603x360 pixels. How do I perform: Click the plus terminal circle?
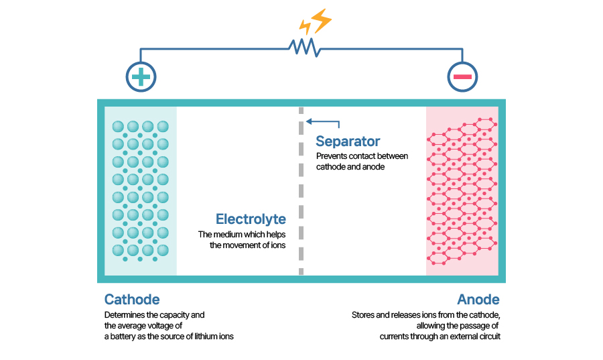[141, 77]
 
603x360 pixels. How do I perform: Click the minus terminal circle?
[462, 77]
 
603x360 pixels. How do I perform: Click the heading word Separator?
[348, 141]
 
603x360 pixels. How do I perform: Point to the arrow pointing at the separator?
[323, 123]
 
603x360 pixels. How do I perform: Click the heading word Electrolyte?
[251, 219]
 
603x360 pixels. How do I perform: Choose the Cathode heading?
[132, 300]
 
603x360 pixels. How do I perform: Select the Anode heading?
[478, 300]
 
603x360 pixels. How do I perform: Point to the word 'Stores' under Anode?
[363, 314]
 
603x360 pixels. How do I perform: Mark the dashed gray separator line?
[301, 194]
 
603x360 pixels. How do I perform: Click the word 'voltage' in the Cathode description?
[155, 325]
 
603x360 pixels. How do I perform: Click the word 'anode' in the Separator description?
[374, 167]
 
